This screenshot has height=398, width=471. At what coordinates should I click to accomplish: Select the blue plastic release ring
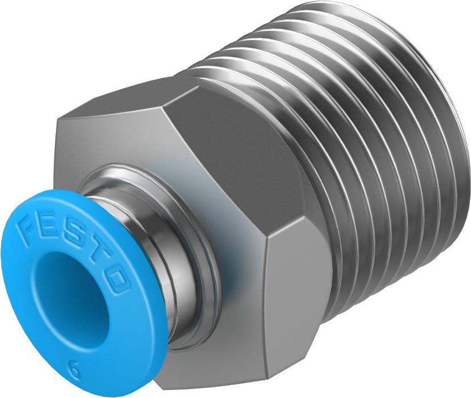coord(34,320)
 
